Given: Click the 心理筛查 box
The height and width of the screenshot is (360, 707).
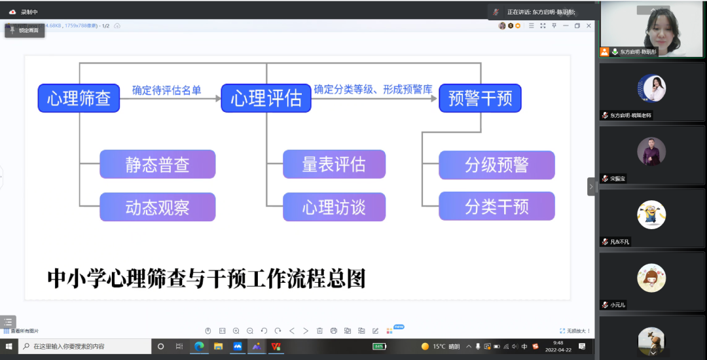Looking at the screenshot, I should click(x=79, y=98).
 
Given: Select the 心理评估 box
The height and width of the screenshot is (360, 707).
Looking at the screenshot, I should click(x=266, y=98).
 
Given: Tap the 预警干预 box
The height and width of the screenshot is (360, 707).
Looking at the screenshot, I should click(x=480, y=98).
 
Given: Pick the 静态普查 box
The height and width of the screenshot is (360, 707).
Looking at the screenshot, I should click(x=157, y=164).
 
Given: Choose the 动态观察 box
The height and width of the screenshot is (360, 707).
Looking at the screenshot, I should click(x=157, y=207).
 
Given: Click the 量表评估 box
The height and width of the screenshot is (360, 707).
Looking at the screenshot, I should click(x=334, y=164).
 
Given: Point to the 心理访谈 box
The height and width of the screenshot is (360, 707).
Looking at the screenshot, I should click(x=334, y=207).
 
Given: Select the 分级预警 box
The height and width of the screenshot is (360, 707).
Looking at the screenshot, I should click(x=496, y=165).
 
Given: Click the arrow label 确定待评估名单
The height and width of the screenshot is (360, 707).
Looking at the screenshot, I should click(x=166, y=90).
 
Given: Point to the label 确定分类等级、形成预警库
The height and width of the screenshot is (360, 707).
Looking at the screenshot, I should click(x=373, y=89).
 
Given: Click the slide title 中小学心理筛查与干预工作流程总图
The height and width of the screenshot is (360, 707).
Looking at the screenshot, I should click(x=206, y=278).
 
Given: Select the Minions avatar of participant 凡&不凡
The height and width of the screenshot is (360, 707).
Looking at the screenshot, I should click(x=651, y=215).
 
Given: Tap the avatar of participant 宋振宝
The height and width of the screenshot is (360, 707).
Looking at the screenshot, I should click(x=651, y=151).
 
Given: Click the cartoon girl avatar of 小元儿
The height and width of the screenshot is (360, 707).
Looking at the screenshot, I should click(x=651, y=278).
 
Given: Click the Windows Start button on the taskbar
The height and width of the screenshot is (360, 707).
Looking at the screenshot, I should click(x=9, y=346).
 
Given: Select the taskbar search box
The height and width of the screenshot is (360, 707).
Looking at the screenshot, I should click(x=85, y=346).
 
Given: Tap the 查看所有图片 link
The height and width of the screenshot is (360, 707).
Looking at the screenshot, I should click(x=24, y=331).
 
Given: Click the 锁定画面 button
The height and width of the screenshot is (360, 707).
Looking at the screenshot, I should click(x=25, y=30).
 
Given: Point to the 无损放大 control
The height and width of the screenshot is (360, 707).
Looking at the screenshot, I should click(x=575, y=331).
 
